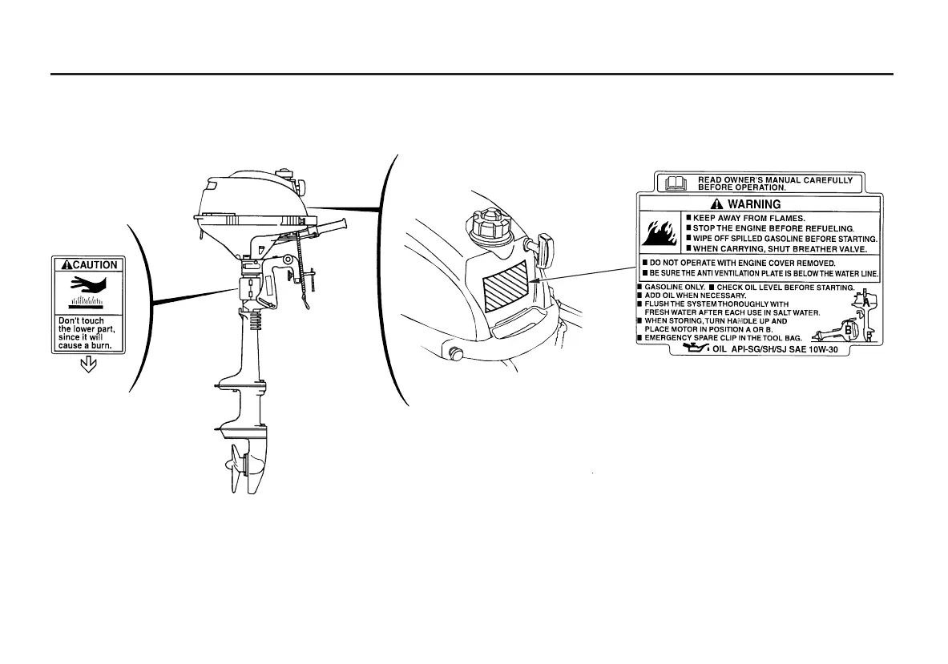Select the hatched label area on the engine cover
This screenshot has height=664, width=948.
(x=506, y=286)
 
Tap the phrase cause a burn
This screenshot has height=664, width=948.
(x=84, y=347)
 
